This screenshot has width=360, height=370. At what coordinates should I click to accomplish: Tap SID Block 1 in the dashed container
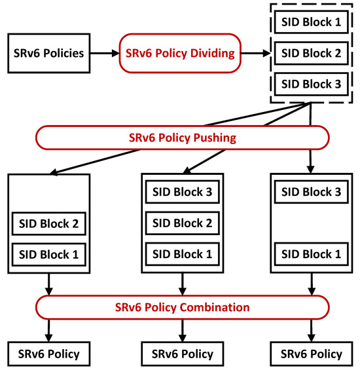click(x=311, y=22)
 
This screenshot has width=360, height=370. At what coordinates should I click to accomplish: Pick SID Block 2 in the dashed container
click(x=311, y=53)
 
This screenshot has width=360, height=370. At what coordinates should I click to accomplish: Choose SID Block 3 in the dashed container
click(x=311, y=84)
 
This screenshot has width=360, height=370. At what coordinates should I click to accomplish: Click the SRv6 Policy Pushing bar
click(x=181, y=138)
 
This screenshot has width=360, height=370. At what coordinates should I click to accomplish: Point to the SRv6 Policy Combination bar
click(x=181, y=306)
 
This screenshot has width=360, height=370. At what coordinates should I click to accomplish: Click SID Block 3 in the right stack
click(x=311, y=193)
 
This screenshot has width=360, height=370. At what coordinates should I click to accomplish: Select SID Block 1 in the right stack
click(x=311, y=254)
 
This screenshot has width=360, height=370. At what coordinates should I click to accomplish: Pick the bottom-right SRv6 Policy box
click(x=311, y=354)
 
